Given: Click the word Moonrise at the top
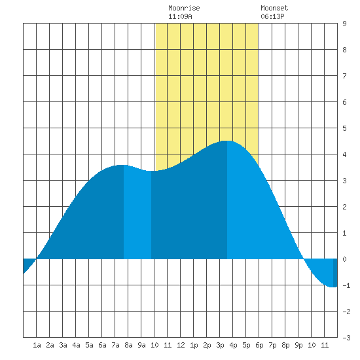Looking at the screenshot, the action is click(x=184, y=8).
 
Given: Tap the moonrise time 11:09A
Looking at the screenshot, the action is click(x=180, y=16).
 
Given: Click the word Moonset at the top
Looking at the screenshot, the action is click(x=274, y=8).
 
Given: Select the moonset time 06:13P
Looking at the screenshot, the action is click(x=272, y=16).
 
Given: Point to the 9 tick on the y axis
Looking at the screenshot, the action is click(x=344, y=24).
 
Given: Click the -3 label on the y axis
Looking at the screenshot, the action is click(x=346, y=338).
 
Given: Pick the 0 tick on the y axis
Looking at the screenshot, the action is click(x=344, y=259).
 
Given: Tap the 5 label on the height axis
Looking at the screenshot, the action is click(x=344, y=128).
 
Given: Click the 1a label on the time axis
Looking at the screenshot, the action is click(x=37, y=345).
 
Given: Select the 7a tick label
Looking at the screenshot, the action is click(x=115, y=345).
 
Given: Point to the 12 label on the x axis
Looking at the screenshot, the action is click(x=181, y=345).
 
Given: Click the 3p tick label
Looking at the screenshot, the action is click(x=220, y=345).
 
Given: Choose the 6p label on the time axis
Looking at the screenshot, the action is click(x=259, y=345).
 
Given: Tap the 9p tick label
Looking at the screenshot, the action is click(x=298, y=345).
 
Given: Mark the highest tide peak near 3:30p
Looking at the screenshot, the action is click(x=226, y=141).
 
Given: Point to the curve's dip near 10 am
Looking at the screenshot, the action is click(x=150, y=171).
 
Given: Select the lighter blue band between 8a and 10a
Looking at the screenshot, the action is click(x=137, y=213).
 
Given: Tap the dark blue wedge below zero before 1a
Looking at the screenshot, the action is click(x=28, y=264).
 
